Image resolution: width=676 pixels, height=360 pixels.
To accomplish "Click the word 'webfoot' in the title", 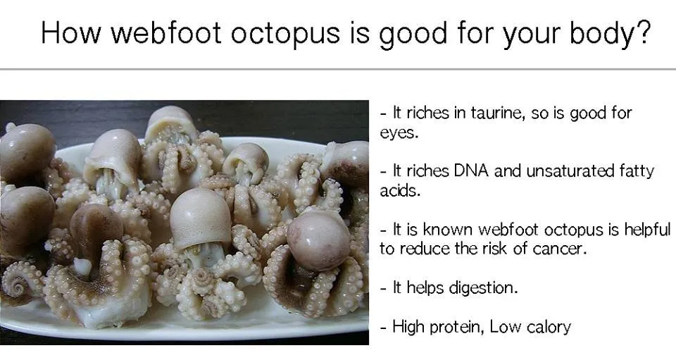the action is click(166, 32).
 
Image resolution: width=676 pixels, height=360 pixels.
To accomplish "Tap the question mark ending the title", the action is click(642, 32).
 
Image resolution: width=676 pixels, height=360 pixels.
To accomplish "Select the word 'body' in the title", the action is click(601, 35).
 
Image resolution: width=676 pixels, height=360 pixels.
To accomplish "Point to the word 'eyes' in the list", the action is click(397, 133).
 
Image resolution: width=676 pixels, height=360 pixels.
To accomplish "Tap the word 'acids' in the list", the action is click(399, 190).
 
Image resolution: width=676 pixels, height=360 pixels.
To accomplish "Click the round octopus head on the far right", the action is click(318, 240).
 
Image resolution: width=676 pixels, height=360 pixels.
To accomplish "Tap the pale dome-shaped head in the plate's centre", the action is click(200, 218).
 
